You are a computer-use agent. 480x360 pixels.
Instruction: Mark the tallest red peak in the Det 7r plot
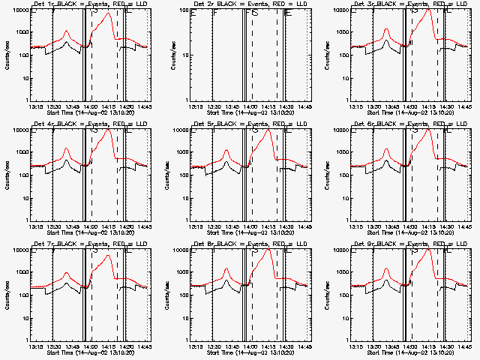pos(109,256)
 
